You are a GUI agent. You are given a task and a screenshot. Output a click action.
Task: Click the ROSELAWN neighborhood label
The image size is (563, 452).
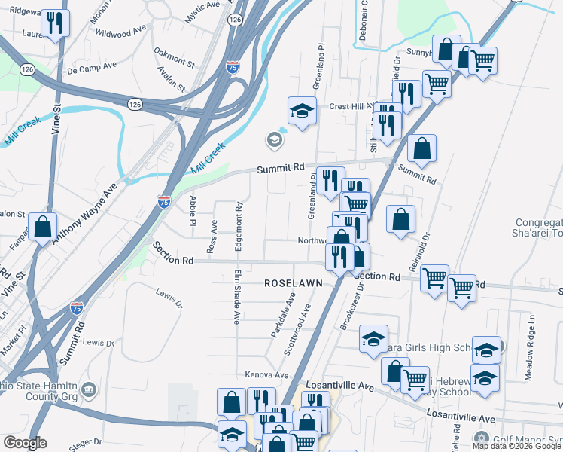coord(293,282)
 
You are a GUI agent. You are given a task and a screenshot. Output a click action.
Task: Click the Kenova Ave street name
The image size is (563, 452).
coord(267,374)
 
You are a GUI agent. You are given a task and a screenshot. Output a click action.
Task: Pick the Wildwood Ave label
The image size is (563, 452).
coord(120,33)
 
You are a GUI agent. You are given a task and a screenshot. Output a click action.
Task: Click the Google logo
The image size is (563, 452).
coord(25,442)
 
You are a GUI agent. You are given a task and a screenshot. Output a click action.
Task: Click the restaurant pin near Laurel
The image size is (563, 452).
coord(55,23)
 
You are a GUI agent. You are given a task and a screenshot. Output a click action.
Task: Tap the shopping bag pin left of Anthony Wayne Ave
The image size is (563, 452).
coord(43,226)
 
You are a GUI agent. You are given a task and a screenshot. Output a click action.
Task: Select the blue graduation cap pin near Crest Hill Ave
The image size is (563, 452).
coord(302,111)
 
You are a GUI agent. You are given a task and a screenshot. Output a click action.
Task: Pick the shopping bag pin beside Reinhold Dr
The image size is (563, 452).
coord(401,219)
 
